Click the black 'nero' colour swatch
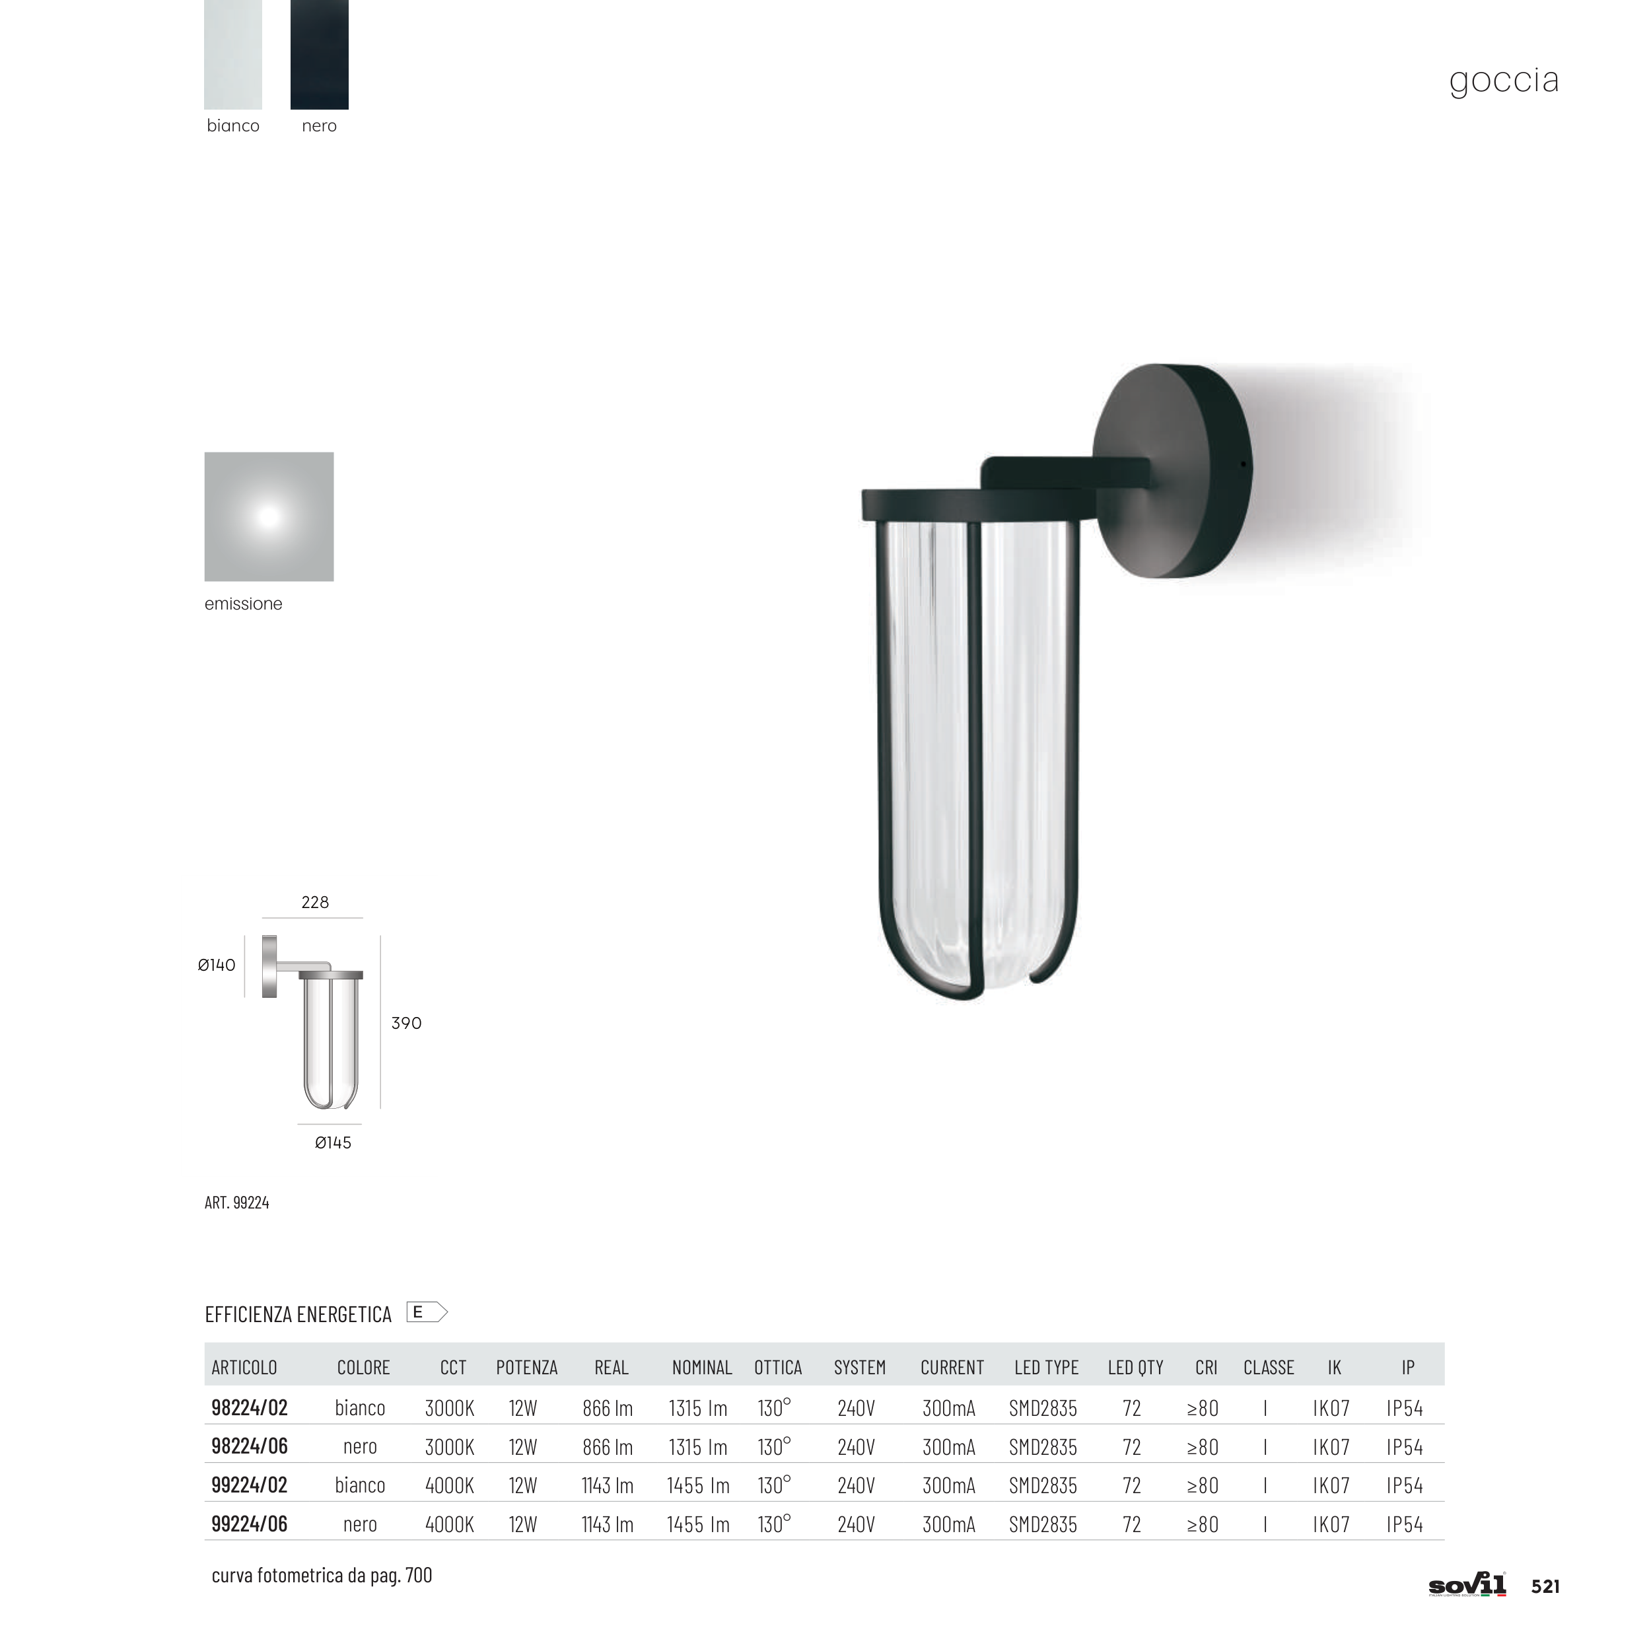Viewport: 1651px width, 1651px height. (320, 54)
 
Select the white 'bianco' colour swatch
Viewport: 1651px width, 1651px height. (233, 54)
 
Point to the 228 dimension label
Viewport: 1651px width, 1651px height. (315, 902)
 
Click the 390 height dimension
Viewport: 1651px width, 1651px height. (407, 1023)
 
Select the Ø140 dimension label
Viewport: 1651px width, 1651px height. (216, 965)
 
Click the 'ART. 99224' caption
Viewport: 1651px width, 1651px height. (236, 1203)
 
